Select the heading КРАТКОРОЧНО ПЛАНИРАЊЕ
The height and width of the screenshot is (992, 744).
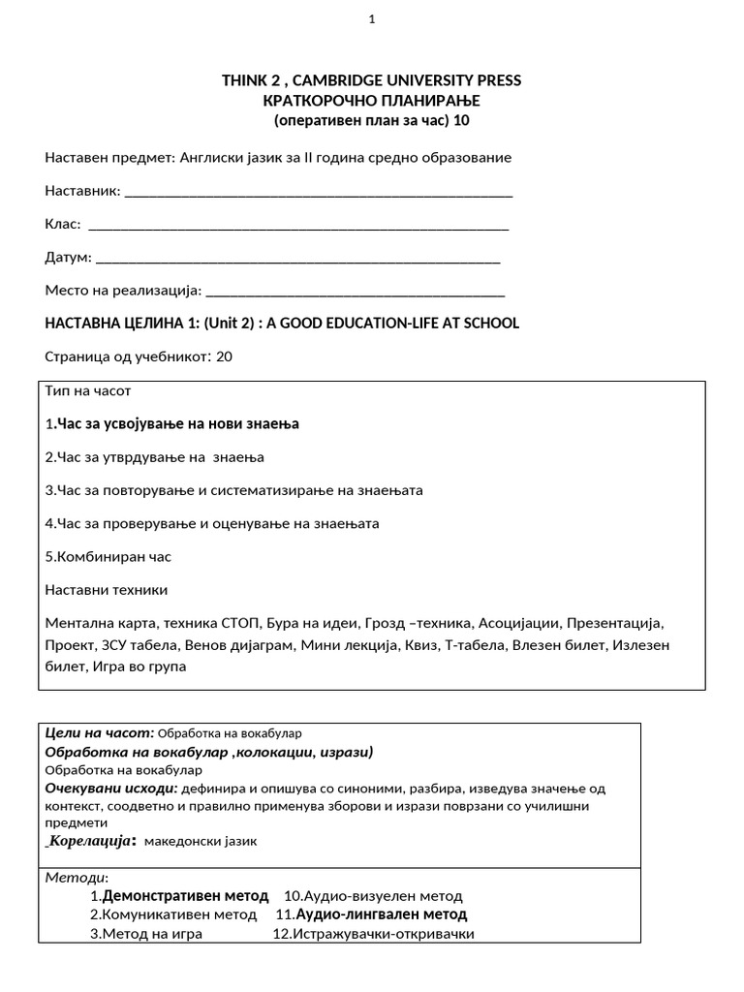pos(371,101)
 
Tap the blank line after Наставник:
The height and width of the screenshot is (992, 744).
pos(319,192)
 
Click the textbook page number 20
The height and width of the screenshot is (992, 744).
pos(224,356)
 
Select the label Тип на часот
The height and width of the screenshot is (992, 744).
pos(87,391)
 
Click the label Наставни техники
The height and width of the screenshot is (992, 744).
pos(107,589)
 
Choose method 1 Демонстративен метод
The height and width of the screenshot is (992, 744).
pos(185,896)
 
